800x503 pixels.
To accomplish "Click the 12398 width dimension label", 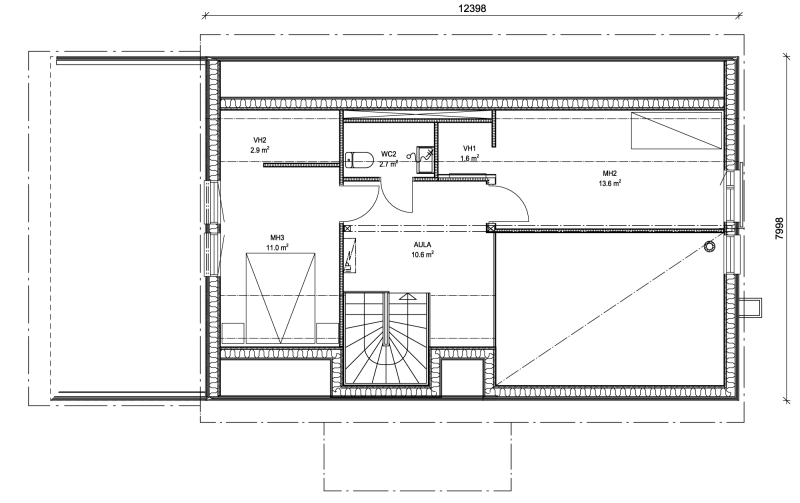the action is tap(472, 8).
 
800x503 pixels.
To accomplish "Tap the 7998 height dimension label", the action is tap(779, 229).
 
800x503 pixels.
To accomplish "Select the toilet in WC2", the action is tap(360, 160).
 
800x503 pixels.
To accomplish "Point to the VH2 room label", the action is tap(260, 140).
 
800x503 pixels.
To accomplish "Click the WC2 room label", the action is tap(388, 154).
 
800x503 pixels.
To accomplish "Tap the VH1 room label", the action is tap(469, 148).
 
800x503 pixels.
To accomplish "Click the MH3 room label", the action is tap(277, 238).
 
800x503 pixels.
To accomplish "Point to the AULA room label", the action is tap(422, 245).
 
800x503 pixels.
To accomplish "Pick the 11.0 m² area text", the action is tap(277, 248).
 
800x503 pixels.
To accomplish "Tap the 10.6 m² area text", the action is tap(422, 255).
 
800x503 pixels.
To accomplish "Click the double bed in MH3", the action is tap(280, 298).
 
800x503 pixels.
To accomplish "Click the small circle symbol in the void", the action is tap(709, 247).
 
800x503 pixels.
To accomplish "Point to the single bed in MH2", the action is tap(676, 131).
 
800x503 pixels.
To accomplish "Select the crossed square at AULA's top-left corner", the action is tap(347, 229).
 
